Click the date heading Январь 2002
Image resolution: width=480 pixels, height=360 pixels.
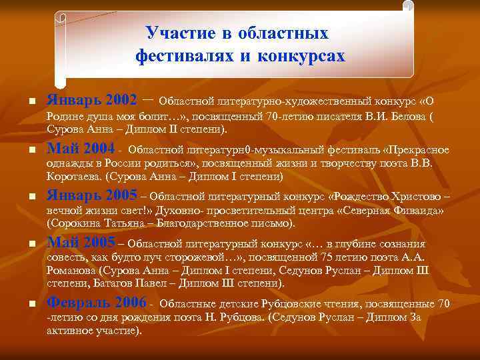coord(92,100)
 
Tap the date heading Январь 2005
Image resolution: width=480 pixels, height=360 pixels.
coord(92,196)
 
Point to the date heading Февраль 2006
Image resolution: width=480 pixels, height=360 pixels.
coord(97,303)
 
